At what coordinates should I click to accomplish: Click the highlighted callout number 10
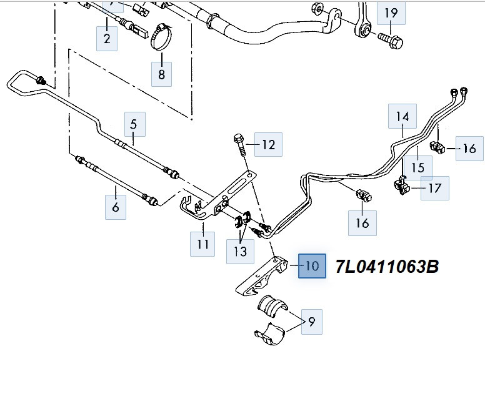pyautogui.click(x=312, y=266)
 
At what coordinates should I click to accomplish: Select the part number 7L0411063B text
pyautogui.click(x=387, y=267)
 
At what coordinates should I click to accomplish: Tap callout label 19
pyautogui.click(x=391, y=12)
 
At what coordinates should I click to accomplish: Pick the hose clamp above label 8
pyautogui.click(x=160, y=38)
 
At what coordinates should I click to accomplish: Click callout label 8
pyautogui.click(x=161, y=74)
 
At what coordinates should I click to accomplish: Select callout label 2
pyautogui.click(x=107, y=39)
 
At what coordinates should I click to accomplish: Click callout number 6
pyautogui.click(x=116, y=207)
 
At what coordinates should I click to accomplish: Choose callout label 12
pyautogui.click(x=268, y=145)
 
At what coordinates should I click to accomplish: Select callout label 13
pyautogui.click(x=241, y=251)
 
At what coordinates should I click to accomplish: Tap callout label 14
pyautogui.click(x=402, y=116)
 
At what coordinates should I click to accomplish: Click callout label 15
pyautogui.click(x=417, y=167)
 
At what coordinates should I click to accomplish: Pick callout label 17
pyautogui.click(x=434, y=187)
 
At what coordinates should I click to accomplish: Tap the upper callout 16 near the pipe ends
pyautogui.click(x=469, y=148)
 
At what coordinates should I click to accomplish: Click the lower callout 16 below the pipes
pyautogui.click(x=362, y=223)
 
